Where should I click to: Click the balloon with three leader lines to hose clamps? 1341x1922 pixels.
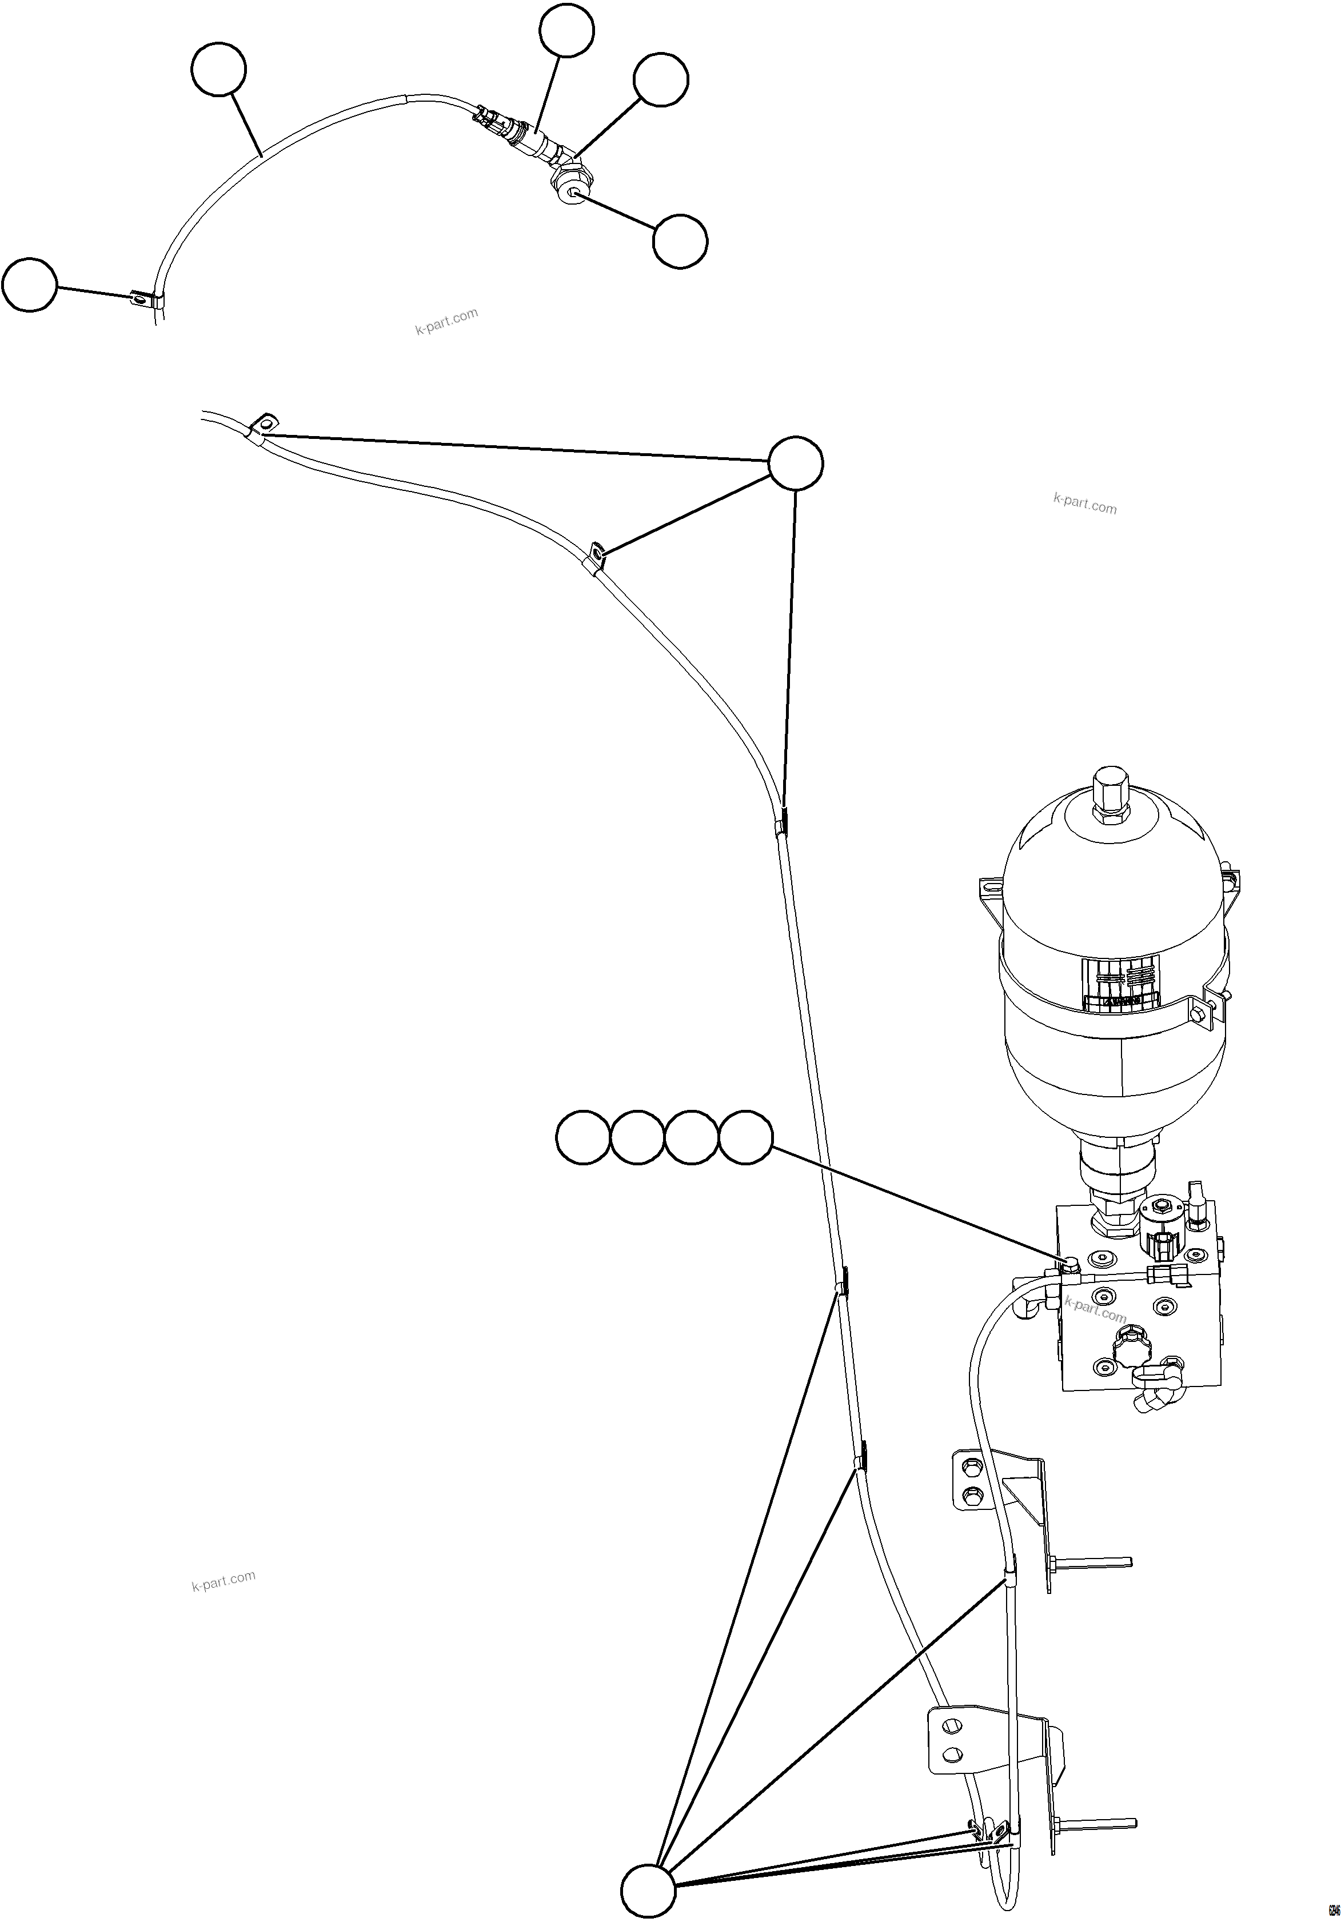[x=795, y=462]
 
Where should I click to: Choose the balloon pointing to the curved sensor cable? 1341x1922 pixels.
[x=218, y=71]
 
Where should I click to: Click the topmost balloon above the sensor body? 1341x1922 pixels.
[x=566, y=30]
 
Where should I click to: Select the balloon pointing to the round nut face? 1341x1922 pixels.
[x=680, y=241]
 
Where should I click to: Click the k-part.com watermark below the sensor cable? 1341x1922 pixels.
[x=446, y=321]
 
